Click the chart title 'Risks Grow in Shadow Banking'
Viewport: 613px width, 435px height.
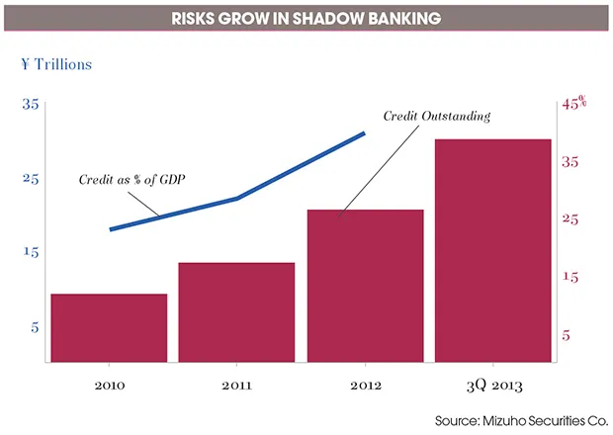306,18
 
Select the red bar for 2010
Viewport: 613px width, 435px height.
109,328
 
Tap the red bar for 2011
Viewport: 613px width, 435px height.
236,312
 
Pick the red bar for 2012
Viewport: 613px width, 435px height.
365,287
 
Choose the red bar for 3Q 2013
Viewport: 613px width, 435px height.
492,251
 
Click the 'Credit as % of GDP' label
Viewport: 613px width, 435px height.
132,180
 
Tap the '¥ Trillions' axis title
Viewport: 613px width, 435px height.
56,65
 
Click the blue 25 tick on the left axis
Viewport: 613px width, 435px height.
30,179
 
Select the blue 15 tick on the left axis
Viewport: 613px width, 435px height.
30,252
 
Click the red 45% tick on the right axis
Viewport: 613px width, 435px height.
574,103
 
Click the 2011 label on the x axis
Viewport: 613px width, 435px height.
236,385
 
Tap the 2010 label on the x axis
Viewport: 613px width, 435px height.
108,385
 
